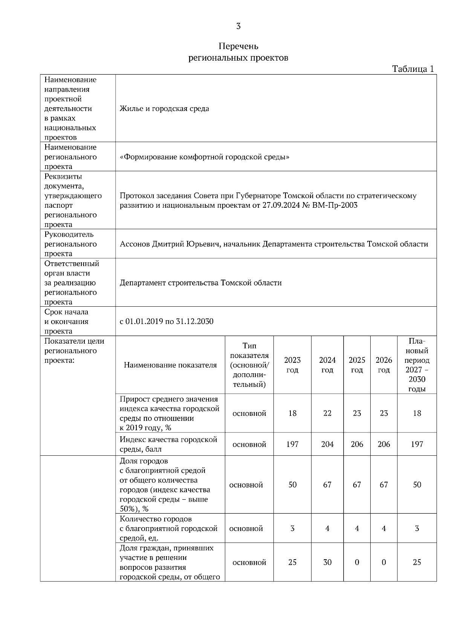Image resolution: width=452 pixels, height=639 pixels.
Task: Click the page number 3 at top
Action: [238, 26]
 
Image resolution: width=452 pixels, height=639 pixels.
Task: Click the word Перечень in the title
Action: [238, 46]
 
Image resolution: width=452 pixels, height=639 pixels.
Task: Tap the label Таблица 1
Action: [413, 69]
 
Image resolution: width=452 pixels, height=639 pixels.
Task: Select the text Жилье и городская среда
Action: [164, 109]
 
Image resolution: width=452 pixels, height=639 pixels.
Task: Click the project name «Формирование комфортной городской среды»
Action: [205, 157]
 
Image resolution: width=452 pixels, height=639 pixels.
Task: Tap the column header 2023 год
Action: [292, 365]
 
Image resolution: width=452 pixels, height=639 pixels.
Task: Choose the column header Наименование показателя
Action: [170, 365]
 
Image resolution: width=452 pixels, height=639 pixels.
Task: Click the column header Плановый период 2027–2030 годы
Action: [417, 365]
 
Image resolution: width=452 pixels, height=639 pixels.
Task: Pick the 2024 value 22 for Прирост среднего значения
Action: [327, 413]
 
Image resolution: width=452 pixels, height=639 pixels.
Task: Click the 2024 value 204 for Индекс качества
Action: [327, 444]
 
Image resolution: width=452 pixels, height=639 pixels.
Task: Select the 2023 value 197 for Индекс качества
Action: [292, 444]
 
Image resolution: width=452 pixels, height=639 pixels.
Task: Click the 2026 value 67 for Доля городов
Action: [383, 485]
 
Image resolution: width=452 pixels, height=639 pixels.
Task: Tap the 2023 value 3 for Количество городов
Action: [292, 528]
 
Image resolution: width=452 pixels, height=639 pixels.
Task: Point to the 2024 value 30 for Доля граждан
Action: [327, 562]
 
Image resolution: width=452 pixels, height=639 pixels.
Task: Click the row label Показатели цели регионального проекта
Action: [74, 351]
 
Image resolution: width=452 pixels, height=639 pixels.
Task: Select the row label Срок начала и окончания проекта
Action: [67, 321]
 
